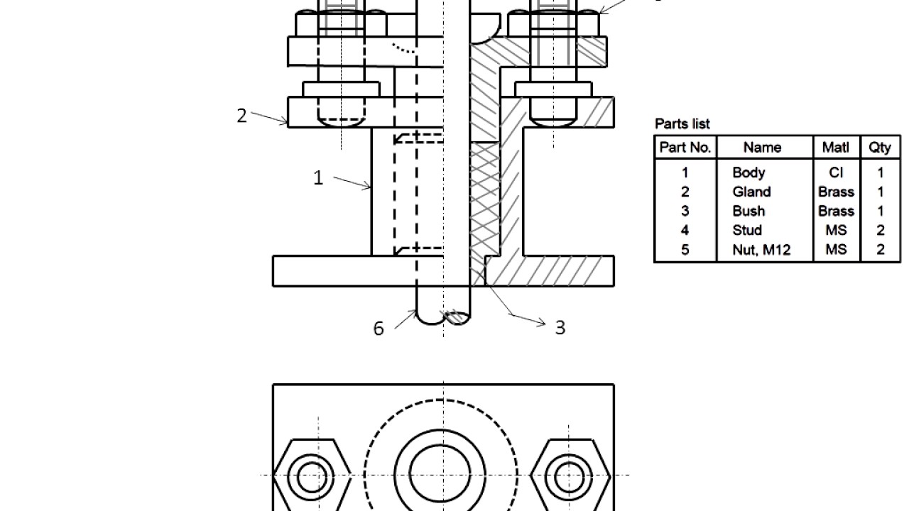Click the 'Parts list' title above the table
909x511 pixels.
tap(682, 124)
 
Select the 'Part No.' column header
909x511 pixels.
tap(685, 148)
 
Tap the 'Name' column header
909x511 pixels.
tap(763, 148)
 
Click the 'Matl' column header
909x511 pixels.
tap(836, 148)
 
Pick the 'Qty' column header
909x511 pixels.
tap(880, 148)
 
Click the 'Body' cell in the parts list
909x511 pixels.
tap(749, 172)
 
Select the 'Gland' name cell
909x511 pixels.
tap(751, 192)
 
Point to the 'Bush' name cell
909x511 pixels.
tap(749, 211)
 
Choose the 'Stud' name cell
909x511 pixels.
tap(747, 230)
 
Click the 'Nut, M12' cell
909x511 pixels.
tap(761, 250)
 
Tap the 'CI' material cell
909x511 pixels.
tap(836, 172)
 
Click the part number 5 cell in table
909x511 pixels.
tap(685, 250)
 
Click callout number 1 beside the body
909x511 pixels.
tap(318, 178)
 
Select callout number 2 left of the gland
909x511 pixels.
tap(241, 116)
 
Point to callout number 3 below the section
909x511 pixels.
tap(560, 327)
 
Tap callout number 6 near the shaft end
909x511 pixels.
tap(379, 328)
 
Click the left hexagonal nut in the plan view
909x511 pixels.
tap(312, 476)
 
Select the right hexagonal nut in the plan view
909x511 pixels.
tap(570, 476)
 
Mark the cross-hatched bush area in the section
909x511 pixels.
tap(485, 199)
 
